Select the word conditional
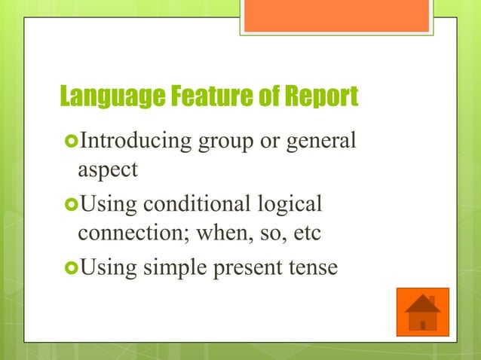point(188,204)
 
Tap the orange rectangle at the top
point(338,15)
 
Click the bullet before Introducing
point(71,140)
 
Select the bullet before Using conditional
point(71,204)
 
